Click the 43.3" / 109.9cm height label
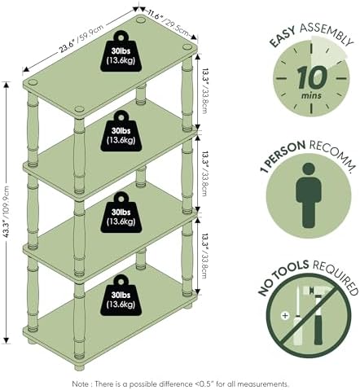(7, 212)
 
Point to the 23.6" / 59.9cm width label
(81, 40)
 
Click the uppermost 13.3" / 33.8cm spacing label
(204, 90)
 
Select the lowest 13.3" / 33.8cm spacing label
(204, 256)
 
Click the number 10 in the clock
(312, 77)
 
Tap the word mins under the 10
(311, 95)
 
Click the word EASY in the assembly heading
(283, 37)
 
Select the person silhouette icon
(309, 195)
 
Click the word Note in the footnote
(80, 384)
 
